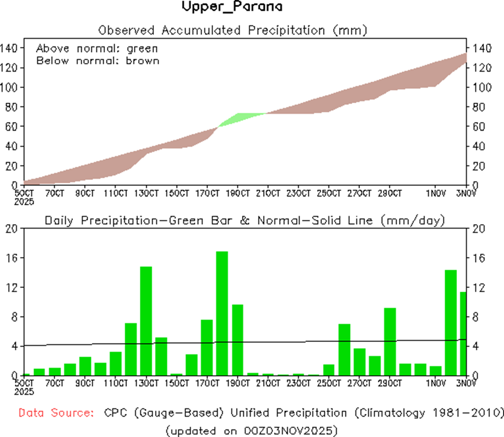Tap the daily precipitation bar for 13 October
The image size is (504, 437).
point(146,320)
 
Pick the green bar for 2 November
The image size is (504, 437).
point(451,322)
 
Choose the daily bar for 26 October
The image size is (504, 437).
point(344,349)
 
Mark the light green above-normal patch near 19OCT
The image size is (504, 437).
point(241,119)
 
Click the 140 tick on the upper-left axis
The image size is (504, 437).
point(11,48)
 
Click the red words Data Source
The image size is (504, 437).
point(55,413)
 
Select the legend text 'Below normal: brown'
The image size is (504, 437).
point(98,60)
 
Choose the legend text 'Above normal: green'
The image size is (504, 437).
point(97,48)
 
